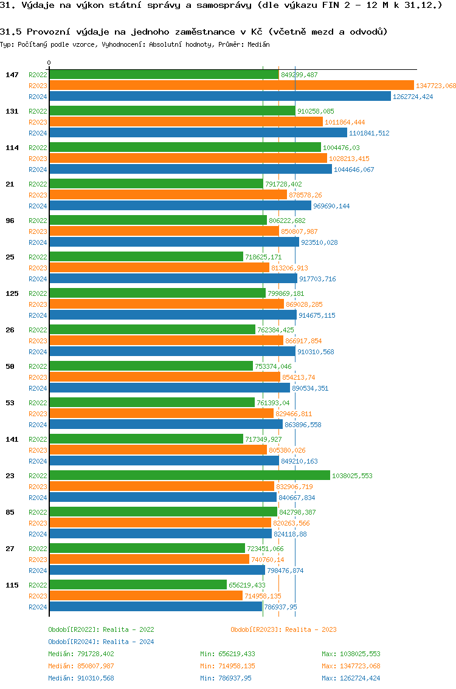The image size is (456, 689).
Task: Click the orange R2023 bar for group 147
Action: [x=231, y=86]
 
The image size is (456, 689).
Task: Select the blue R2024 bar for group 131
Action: [x=198, y=133]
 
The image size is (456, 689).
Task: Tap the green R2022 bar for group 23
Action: [x=190, y=476]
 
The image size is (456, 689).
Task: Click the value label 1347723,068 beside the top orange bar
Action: [x=435, y=86]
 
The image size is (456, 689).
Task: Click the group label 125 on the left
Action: [x=12, y=293]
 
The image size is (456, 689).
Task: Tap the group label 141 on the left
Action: [x=12, y=439]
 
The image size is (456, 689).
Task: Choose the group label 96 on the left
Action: [x=10, y=221]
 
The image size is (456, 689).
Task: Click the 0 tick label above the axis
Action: [x=49, y=63]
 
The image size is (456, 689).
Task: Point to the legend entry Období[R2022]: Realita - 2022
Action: [x=101, y=629]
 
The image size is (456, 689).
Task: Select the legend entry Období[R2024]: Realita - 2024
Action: [x=101, y=642]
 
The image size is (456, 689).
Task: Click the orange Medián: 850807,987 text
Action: [x=81, y=666]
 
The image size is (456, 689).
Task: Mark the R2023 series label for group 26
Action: [x=38, y=341]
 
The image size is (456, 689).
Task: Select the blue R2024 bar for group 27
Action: [x=157, y=571]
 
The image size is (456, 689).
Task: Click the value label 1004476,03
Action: [x=341, y=148]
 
